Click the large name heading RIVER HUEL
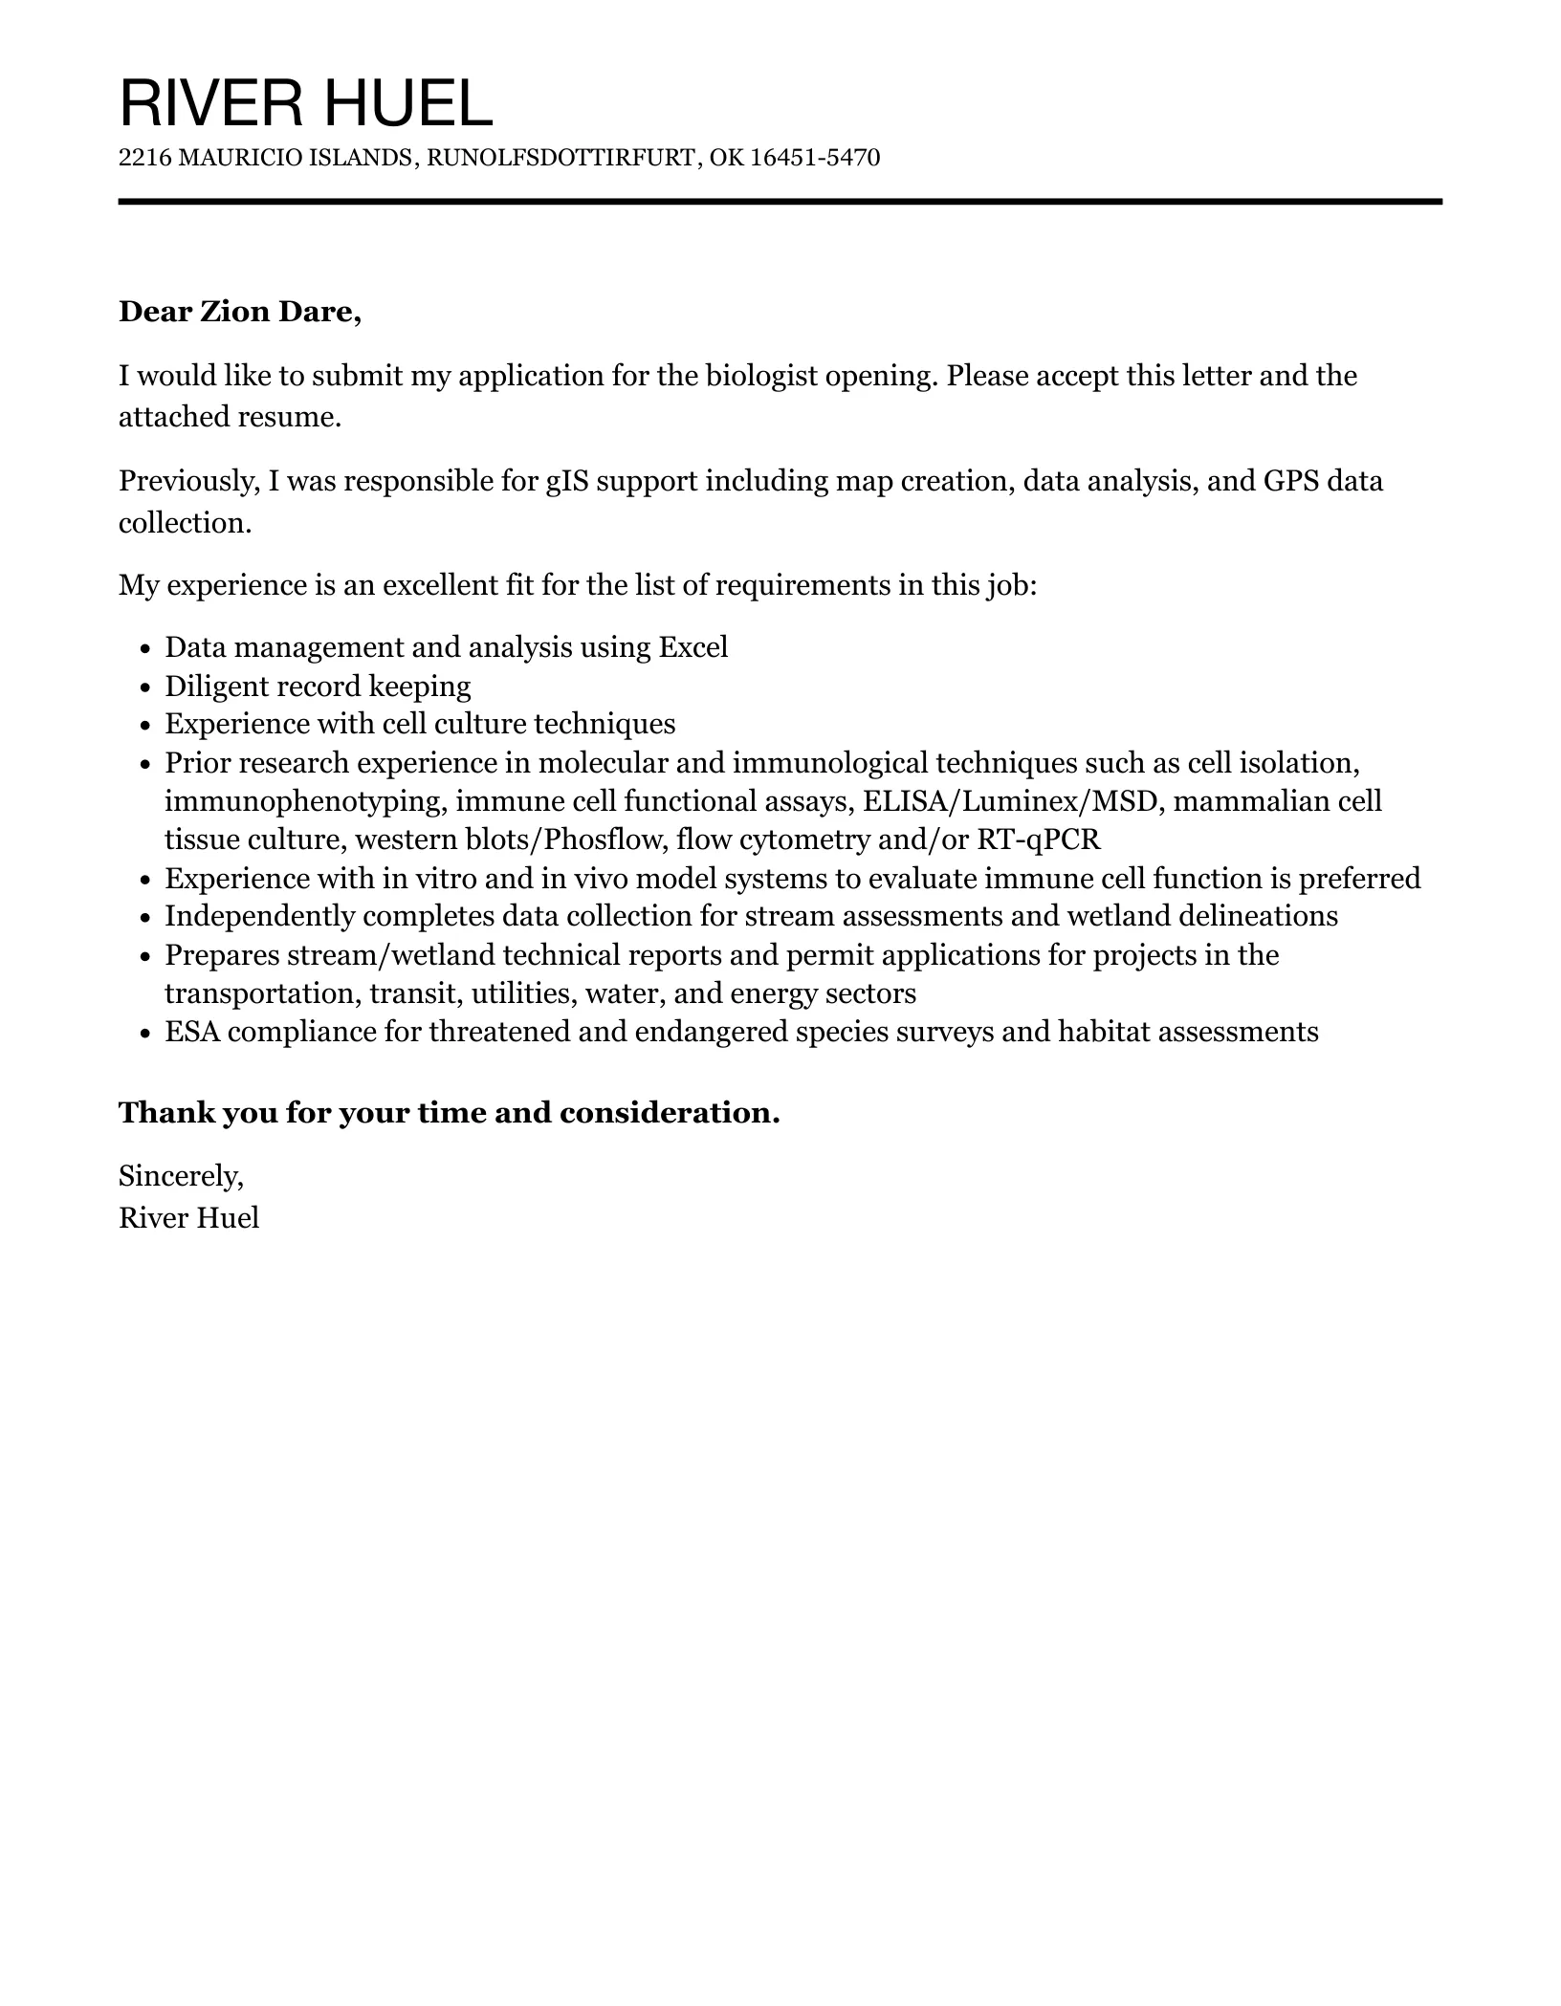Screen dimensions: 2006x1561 coord(305,103)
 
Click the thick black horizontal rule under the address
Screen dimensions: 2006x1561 coord(780,202)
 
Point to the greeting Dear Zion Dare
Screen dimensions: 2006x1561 coord(239,313)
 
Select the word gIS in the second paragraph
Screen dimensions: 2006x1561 coord(566,481)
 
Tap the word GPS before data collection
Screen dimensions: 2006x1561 coord(1291,481)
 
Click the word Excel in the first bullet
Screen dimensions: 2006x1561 coord(693,647)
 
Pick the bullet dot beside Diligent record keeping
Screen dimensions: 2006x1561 coord(145,687)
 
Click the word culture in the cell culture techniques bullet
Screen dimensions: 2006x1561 coord(480,724)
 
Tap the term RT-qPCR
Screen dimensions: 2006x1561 coord(1038,839)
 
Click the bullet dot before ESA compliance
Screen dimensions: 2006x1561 coord(145,1033)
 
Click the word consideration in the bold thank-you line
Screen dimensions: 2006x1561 coord(670,1113)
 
